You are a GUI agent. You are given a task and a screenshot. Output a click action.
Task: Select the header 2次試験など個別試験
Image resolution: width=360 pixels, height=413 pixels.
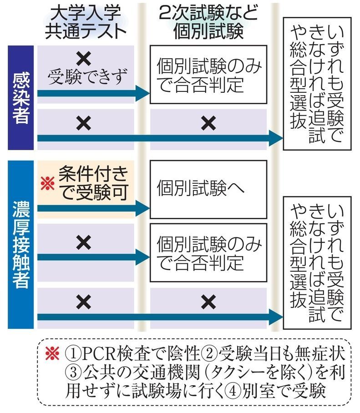pos(207,22)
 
